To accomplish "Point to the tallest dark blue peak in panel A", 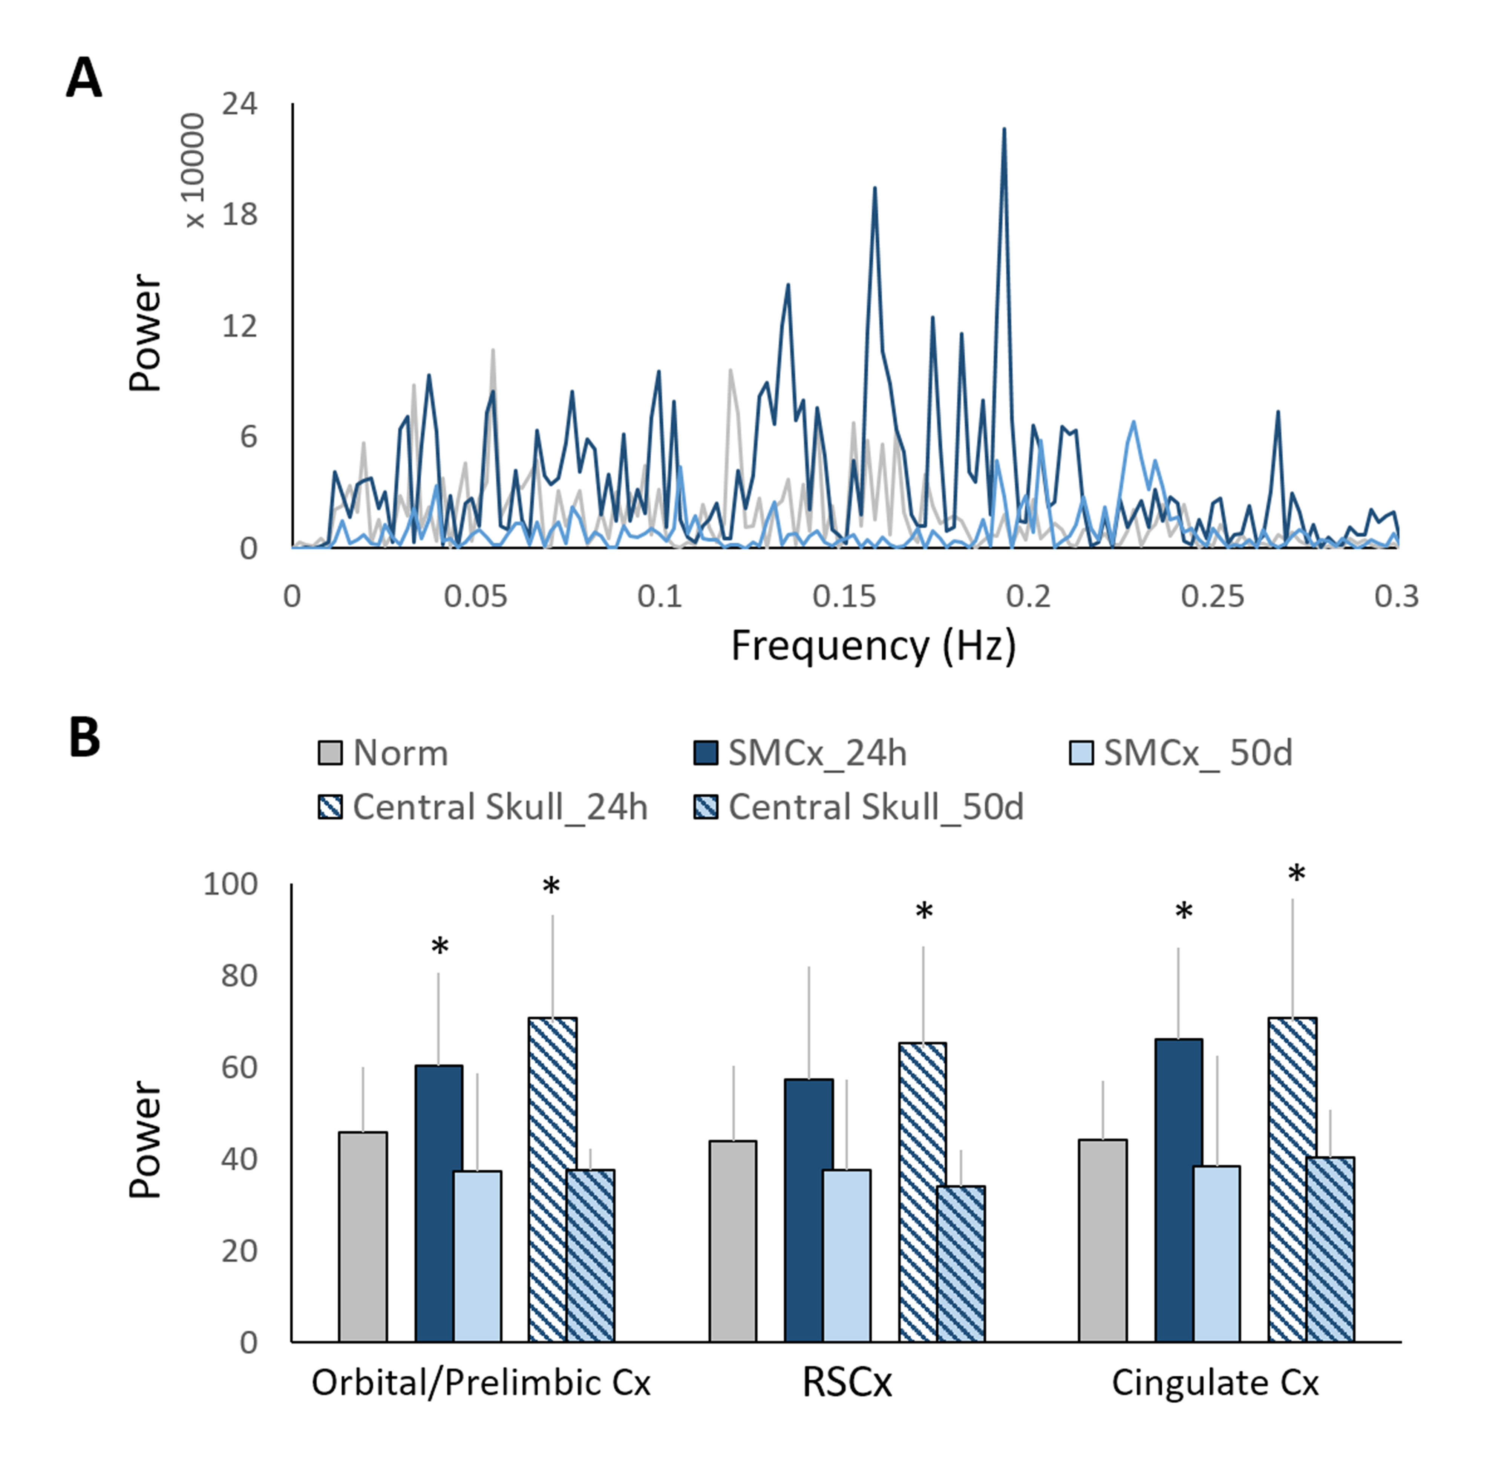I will coord(1004,131).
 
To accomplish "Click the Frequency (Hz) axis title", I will coord(873,646).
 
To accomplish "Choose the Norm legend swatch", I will coord(330,753).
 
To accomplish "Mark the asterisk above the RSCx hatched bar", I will coord(923,911).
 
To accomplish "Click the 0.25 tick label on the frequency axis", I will coord(1213,597).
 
